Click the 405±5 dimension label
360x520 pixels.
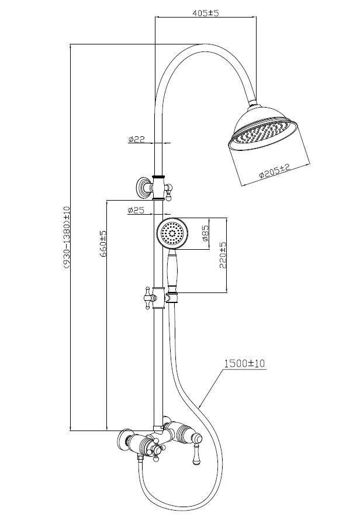click(206, 13)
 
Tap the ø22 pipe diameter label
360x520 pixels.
click(137, 139)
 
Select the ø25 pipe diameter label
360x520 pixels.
click(136, 210)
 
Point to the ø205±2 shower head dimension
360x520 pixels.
click(275, 170)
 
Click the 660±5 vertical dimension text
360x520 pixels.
click(103, 244)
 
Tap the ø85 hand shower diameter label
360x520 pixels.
click(205, 233)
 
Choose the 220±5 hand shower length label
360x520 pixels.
click(223, 256)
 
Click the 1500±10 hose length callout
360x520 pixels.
click(245, 363)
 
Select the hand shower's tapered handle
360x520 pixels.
click(172, 269)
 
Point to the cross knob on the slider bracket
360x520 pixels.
click(147, 298)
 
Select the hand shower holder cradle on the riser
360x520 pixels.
click(172, 297)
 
